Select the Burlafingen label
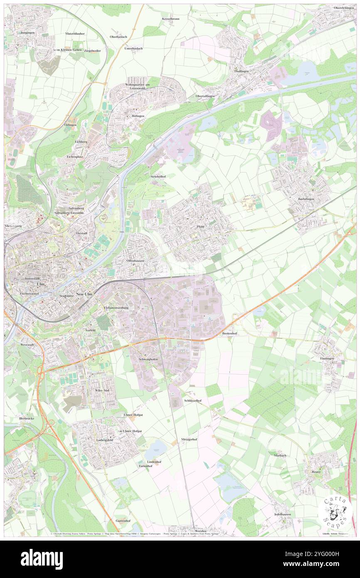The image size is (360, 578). [x=306, y=199]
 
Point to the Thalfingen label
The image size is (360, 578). [x=241, y=71]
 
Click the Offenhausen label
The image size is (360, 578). [x=135, y=261]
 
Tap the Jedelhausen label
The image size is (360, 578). [x=283, y=514]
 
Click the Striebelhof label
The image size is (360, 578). [x=158, y=177]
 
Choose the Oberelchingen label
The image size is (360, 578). [x=344, y=8]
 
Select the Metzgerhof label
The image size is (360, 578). [x=189, y=439]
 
